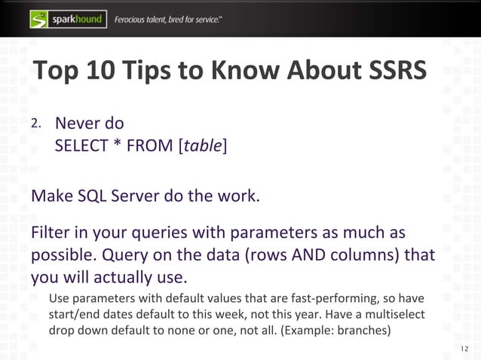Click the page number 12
coord(463,347)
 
